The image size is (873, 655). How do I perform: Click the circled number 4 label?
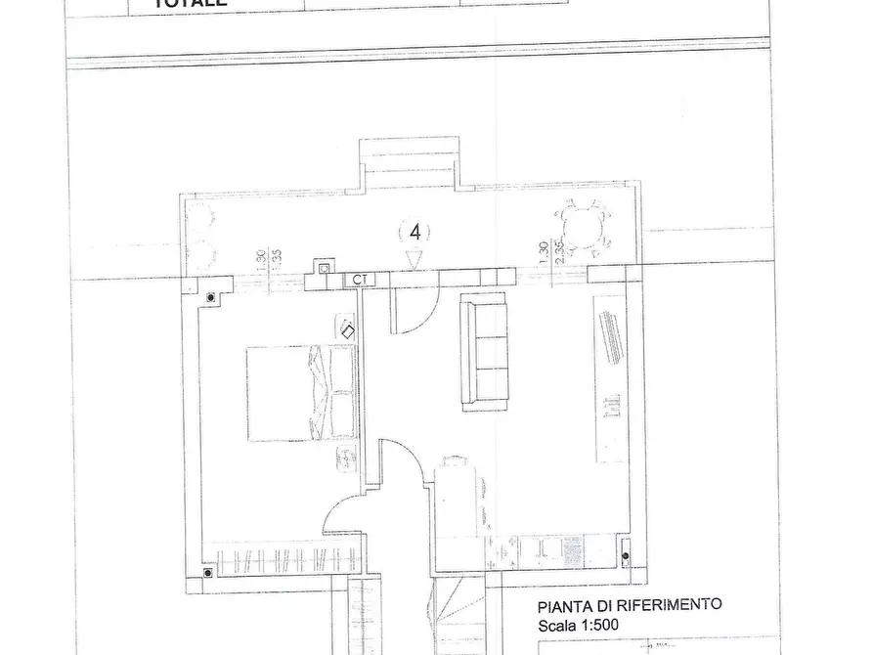click(x=415, y=233)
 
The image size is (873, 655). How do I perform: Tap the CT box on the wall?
click(x=361, y=280)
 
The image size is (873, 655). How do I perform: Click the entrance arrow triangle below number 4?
click(x=414, y=258)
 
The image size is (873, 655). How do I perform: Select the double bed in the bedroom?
click(x=300, y=393)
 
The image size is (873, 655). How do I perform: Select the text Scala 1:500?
click(x=578, y=626)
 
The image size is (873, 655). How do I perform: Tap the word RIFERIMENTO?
click(x=673, y=605)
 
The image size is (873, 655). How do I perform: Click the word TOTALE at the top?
click(x=192, y=4)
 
